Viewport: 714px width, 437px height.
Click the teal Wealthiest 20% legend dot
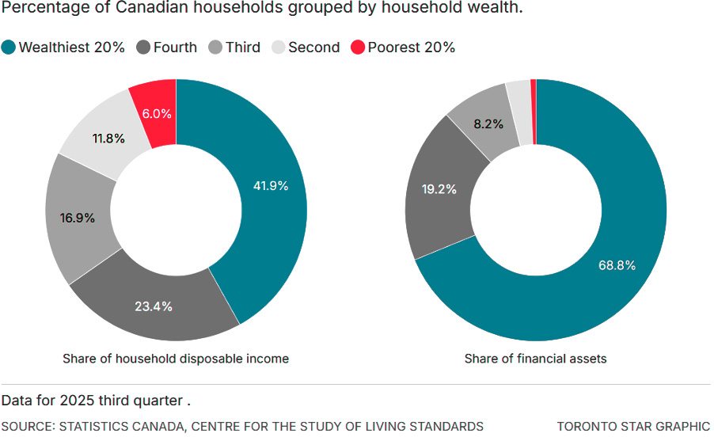click(x=9, y=47)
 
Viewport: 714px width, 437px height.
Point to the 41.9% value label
click(x=270, y=186)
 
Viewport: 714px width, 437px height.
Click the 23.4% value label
click(x=154, y=306)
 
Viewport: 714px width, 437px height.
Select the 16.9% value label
click(x=77, y=218)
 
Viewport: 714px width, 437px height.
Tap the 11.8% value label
click(x=108, y=139)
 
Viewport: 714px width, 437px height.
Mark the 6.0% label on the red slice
click(x=157, y=113)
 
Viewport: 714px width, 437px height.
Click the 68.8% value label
click(x=617, y=265)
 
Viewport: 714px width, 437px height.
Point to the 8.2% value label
click(x=487, y=123)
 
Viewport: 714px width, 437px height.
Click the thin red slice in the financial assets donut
click(x=534, y=112)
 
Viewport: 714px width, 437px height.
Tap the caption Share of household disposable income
click(x=176, y=359)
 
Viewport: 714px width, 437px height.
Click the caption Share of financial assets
click(x=535, y=359)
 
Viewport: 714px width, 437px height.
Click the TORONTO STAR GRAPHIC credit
click(x=633, y=426)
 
